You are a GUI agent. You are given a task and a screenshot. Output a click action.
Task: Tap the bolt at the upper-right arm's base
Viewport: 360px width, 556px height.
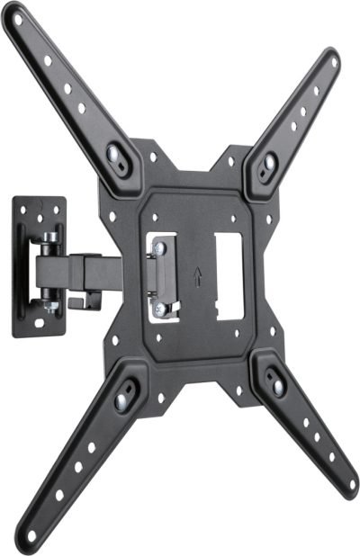pyautogui.click(x=268, y=162)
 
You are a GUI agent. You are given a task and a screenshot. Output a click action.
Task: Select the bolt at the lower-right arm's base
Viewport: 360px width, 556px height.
pyautogui.click(x=277, y=386)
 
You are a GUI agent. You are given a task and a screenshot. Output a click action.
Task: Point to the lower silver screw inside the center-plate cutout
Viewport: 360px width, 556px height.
pyautogui.click(x=159, y=310)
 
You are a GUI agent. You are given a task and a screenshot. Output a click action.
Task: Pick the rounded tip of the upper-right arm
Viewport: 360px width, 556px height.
pyautogui.click(x=332, y=59)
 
